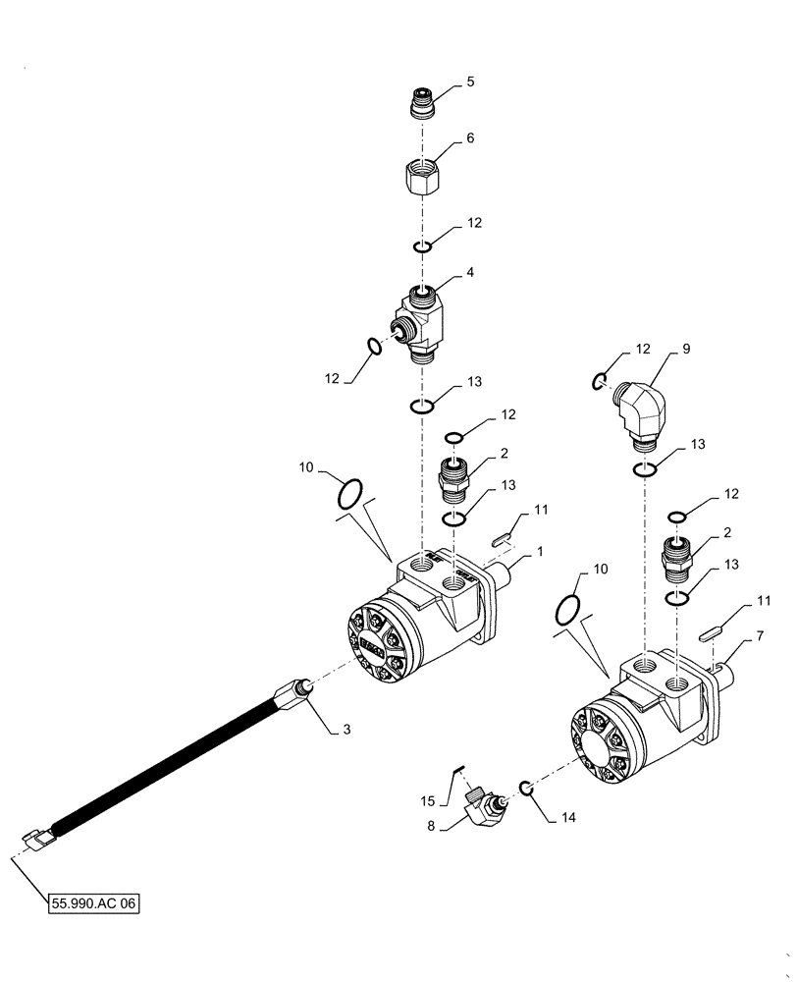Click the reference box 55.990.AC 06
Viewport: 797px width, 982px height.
[x=94, y=899]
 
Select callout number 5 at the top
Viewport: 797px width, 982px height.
[x=470, y=82]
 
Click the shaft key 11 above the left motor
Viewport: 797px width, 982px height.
[x=498, y=537]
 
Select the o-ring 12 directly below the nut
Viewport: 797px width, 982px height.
[x=420, y=246]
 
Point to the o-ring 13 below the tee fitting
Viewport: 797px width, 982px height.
[x=420, y=408]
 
